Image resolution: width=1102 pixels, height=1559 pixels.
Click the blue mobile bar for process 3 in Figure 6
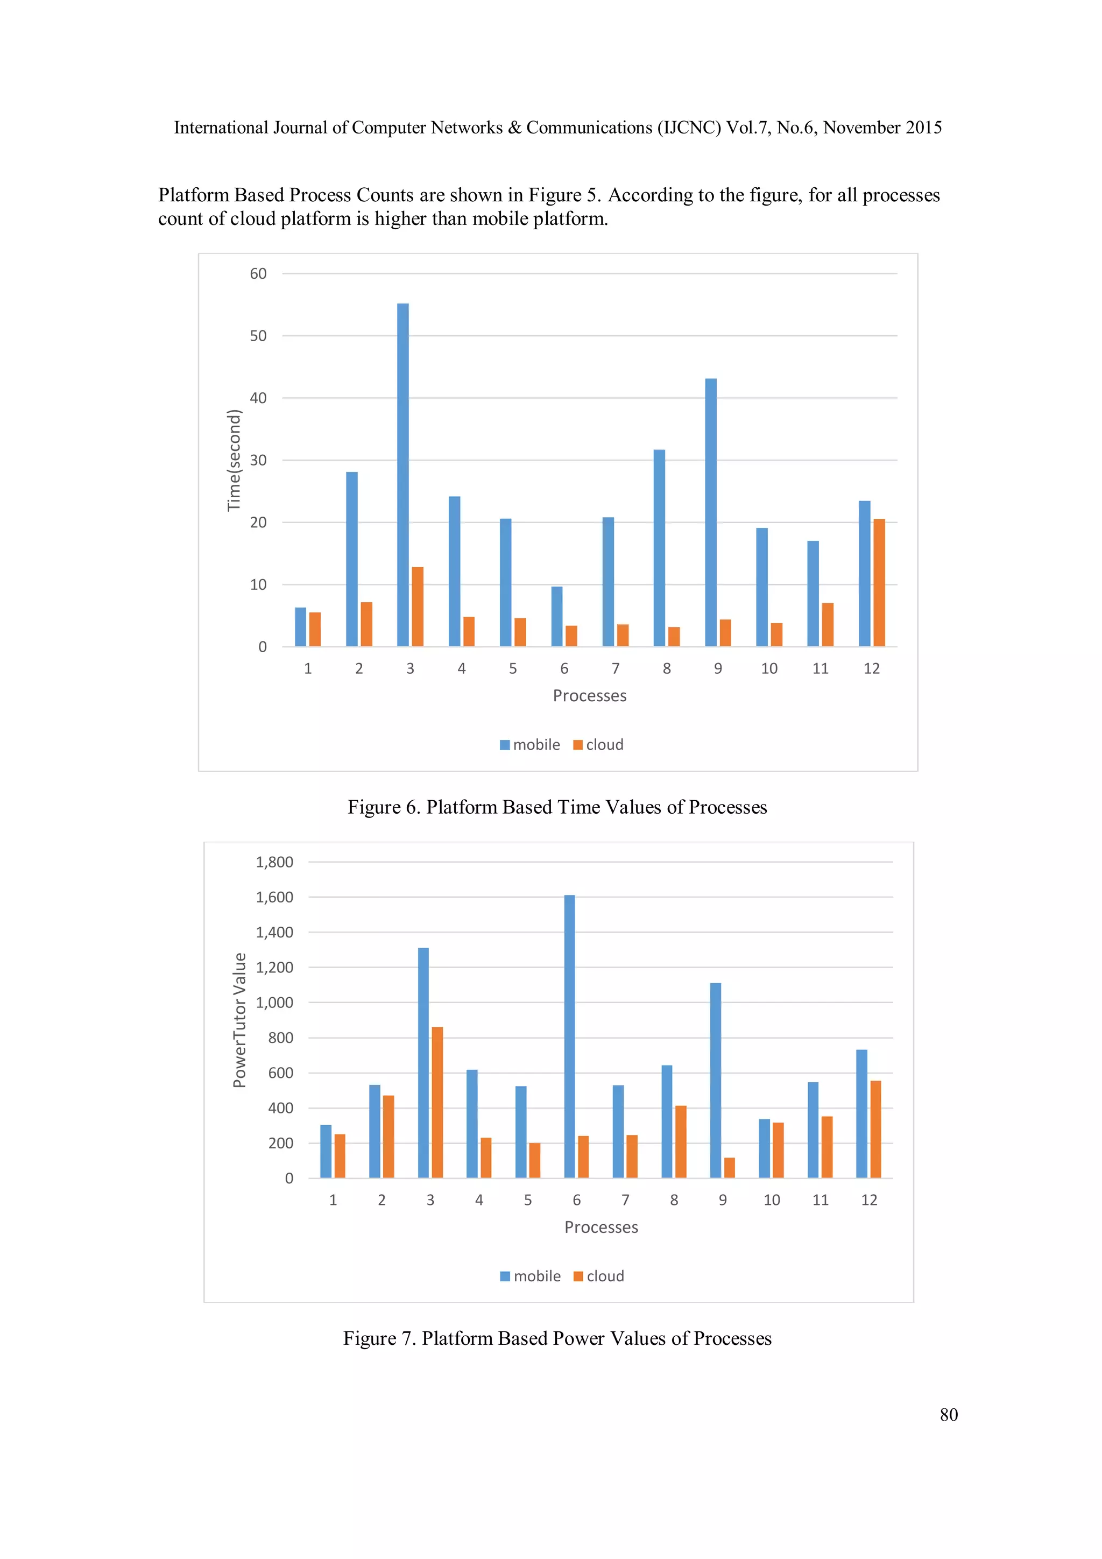[402, 475]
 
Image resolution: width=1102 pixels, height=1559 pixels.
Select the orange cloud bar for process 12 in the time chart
[879, 583]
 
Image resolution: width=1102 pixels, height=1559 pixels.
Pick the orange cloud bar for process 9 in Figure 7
[729, 1168]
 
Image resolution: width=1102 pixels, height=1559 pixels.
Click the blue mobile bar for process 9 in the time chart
[710, 513]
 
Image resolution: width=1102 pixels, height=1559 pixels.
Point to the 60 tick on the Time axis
[258, 273]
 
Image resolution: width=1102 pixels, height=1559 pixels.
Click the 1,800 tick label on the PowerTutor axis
[274, 862]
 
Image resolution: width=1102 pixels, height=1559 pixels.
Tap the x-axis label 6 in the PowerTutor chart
[576, 1200]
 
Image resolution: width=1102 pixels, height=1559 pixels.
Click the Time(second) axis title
[234, 460]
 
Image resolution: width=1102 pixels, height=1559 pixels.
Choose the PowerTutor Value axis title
[239, 1020]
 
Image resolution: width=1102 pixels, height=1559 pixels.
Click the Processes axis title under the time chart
[589, 696]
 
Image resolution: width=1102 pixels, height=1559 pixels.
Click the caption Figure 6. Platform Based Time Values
[557, 807]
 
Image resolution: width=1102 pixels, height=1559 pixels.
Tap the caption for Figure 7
[557, 1338]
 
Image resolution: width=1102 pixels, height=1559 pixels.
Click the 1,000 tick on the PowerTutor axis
[274, 1003]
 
